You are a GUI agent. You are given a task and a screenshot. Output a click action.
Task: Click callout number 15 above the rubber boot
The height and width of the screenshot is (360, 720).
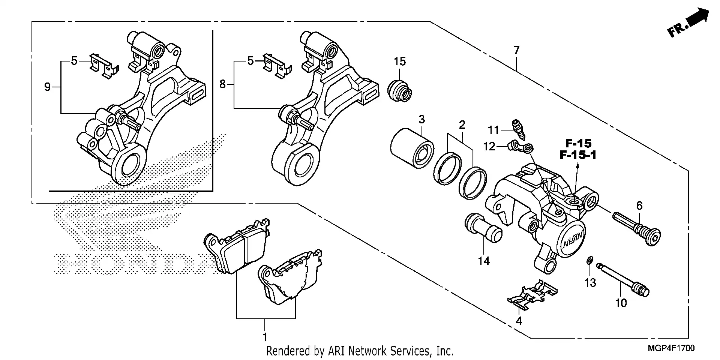point(400,61)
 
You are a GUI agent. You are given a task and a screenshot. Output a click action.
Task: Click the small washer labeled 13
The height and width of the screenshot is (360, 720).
point(589,260)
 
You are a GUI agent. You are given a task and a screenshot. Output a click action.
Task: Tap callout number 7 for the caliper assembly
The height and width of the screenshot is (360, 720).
point(516,50)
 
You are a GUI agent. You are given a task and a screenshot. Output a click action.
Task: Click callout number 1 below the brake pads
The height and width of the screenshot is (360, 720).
point(265,337)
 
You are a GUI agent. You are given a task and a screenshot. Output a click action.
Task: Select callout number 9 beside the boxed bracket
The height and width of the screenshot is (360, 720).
point(47,87)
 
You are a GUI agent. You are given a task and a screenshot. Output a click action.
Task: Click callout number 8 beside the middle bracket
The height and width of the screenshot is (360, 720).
point(223,84)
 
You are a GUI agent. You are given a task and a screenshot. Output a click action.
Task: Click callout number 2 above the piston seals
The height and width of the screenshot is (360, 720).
point(462,125)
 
